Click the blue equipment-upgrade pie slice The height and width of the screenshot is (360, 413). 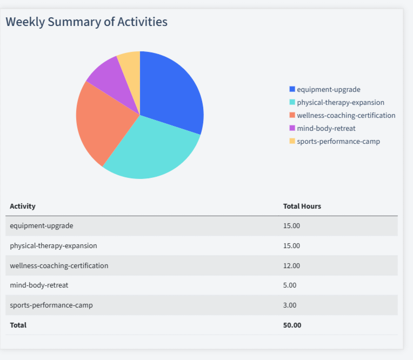pos(170,92)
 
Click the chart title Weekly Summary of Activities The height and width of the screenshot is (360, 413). pos(86,22)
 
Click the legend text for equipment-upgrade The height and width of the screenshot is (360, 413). pos(328,89)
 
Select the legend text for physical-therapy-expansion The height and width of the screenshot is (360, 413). pos(341,102)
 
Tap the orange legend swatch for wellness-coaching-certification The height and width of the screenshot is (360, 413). pos(292,115)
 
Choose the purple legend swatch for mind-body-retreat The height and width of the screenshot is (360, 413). pos(292,128)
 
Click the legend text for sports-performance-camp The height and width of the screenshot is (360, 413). pos(338,141)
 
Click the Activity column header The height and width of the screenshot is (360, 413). pos(23,206)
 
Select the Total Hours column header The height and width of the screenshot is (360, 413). pos(302,206)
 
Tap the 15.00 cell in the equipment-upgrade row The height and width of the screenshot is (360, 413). pos(291,225)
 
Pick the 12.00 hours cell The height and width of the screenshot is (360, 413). pos(291,265)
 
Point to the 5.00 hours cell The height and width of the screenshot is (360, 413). pos(290,285)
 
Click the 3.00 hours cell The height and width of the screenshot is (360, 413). pos(290,305)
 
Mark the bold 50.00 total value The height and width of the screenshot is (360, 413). pos(292,325)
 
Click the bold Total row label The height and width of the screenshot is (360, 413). pos(18,325)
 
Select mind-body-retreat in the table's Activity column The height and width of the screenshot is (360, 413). pos(39,285)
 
